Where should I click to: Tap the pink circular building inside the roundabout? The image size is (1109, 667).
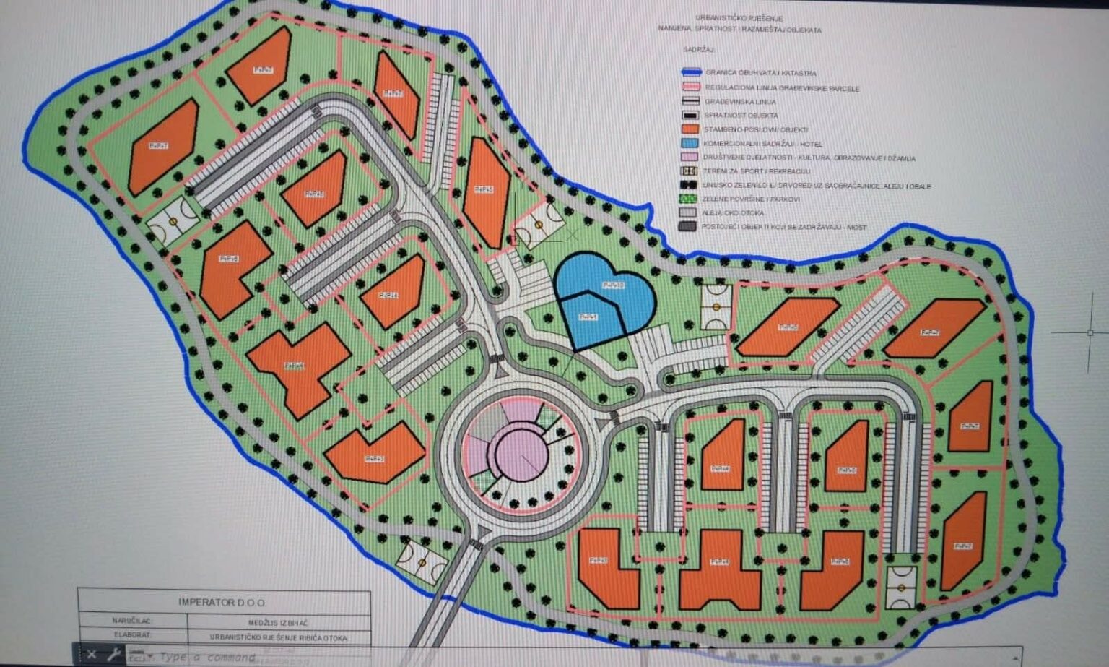pos(518,457)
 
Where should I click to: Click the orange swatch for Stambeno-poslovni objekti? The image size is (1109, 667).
pos(690,129)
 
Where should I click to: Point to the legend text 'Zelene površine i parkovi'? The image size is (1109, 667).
pos(751,199)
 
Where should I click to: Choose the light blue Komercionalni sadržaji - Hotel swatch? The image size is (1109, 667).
pos(690,144)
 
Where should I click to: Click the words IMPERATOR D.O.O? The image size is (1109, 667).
pos(222,602)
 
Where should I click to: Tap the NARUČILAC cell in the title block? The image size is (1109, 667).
pos(132,621)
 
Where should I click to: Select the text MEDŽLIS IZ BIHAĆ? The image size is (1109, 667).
pos(278,621)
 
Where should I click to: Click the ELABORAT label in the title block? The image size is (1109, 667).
pos(132,636)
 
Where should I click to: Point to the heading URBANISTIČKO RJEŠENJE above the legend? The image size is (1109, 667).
pos(739,18)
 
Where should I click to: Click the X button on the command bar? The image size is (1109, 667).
pos(92,655)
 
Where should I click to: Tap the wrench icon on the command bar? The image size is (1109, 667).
pos(113,655)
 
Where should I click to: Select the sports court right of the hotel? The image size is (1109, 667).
pos(716,307)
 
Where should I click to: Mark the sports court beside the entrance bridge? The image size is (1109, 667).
pos(422,561)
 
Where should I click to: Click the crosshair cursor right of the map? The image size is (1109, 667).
pos(1090,332)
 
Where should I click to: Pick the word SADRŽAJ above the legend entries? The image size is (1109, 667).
pos(698,50)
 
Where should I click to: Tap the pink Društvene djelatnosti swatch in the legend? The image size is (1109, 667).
pos(690,158)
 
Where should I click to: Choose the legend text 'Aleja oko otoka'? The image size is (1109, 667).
pos(733,213)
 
